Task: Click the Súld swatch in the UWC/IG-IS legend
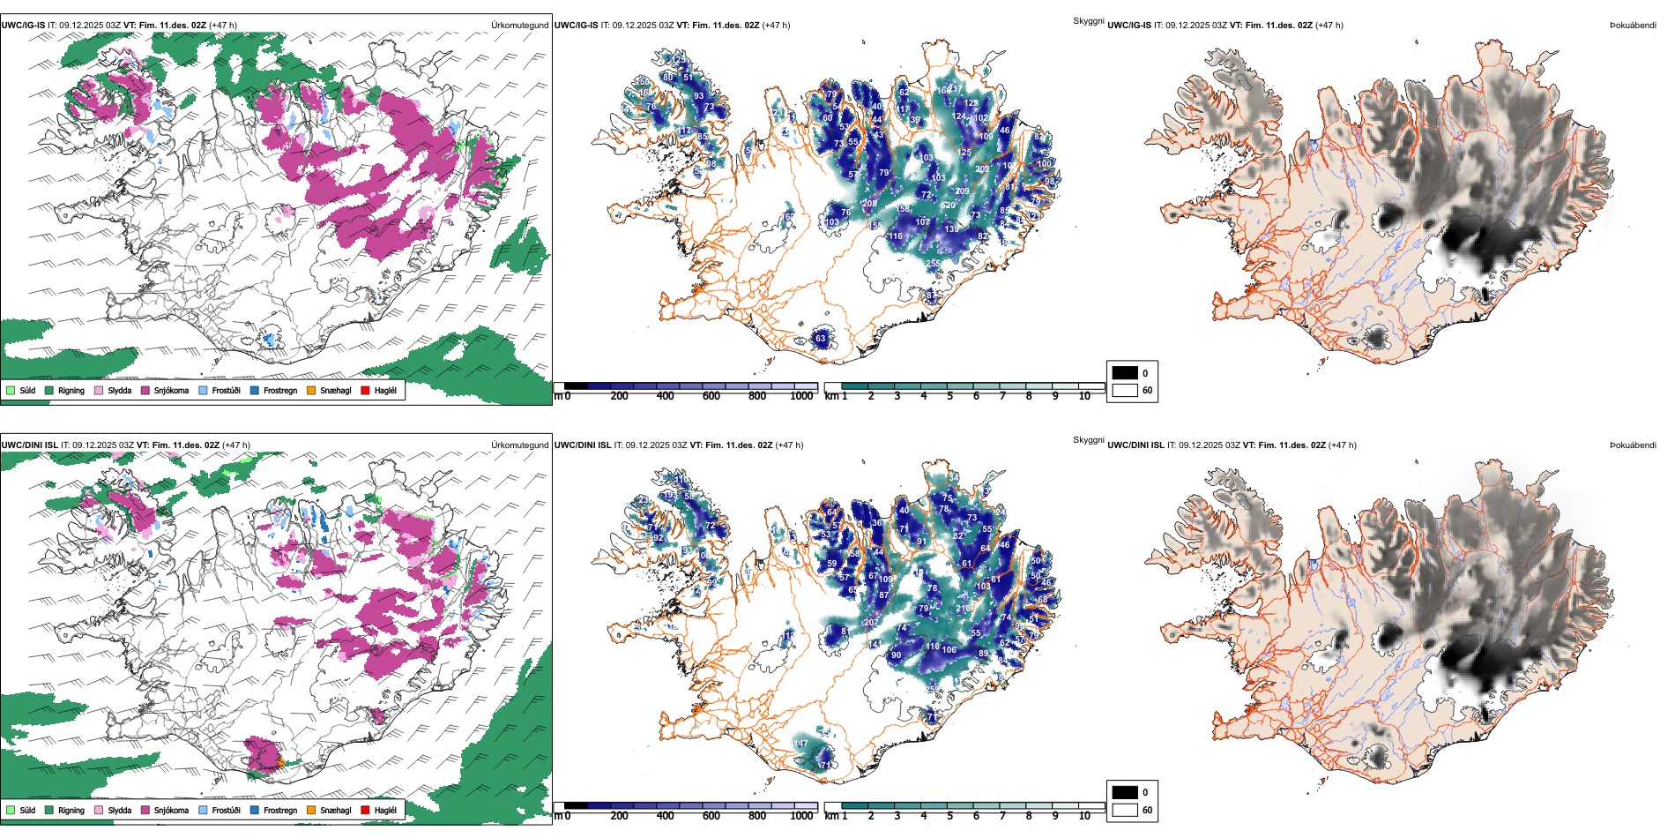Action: click(x=11, y=390)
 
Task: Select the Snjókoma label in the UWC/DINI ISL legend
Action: click(x=171, y=810)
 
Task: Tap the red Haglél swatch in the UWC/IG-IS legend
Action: click(x=365, y=390)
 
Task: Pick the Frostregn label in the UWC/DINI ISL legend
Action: click(x=280, y=810)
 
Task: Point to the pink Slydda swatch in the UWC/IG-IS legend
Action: click(x=99, y=390)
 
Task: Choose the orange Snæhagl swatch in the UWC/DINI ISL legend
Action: click(x=311, y=810)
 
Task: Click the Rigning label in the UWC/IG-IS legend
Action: click(x=71, y=390)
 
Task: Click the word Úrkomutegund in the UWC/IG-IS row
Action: click(x=519, y=26)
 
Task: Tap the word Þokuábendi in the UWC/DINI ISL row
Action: click(x=1633, y=445)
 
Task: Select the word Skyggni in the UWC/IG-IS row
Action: click(x=1088, y=21)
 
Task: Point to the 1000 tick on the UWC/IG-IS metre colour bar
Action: click(x=801, y=396)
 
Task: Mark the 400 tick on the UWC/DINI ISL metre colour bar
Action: click(x=666, y=816)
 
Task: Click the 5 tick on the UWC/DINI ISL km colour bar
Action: click(x=950, y=816)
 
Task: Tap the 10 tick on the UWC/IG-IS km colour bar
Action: click(x=1084, y=396)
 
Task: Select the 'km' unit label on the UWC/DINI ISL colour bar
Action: click(x=830, y=816)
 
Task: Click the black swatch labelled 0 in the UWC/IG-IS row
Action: click(x=1125, y=373)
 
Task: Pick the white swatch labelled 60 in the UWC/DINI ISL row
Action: click(x=1125, y=810)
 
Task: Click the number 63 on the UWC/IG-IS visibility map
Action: click(x=821, y=339)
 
